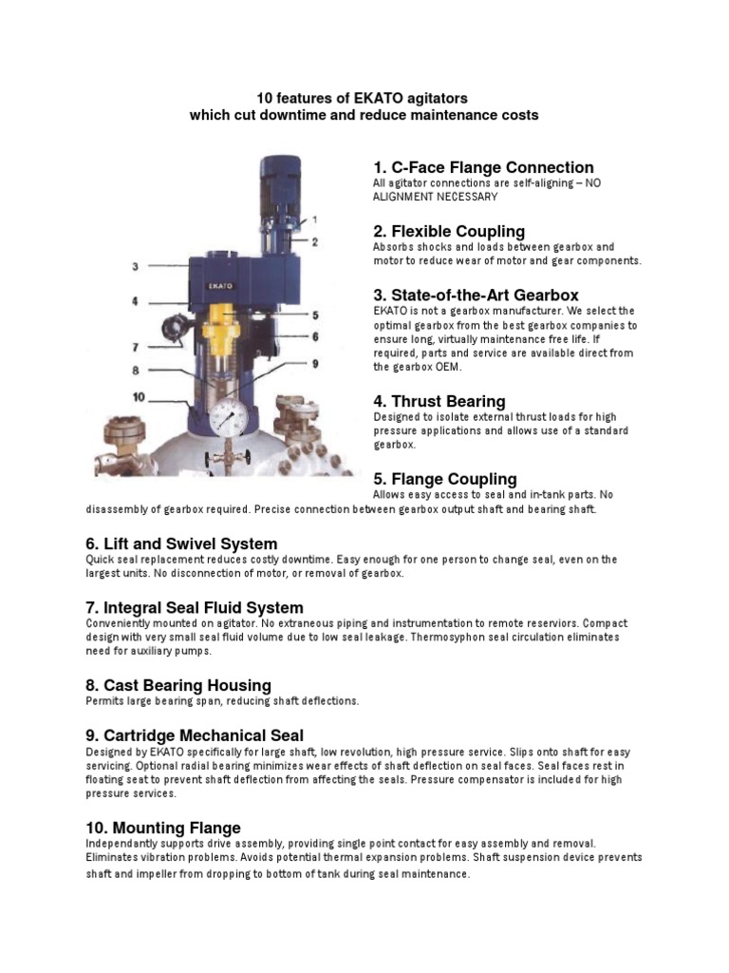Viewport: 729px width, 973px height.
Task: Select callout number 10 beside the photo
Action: pos(139,397)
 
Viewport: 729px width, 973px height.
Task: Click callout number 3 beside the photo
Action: pos(136,267)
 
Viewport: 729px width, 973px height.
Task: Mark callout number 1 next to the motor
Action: pos(314,219)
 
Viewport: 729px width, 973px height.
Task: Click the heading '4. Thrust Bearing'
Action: pos(439,401)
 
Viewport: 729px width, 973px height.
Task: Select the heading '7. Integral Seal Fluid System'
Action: pos(195,607)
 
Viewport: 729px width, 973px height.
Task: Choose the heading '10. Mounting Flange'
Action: pos(163,828)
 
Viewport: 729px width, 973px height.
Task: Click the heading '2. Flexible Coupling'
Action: pos(449,231)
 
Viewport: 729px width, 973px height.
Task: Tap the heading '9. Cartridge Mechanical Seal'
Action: pos(195,735)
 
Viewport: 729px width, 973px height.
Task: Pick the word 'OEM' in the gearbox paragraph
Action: pos(445,367)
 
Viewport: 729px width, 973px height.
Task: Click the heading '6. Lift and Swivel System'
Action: pos(181,544)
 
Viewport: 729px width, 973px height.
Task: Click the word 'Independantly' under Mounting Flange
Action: pos(122,844)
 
